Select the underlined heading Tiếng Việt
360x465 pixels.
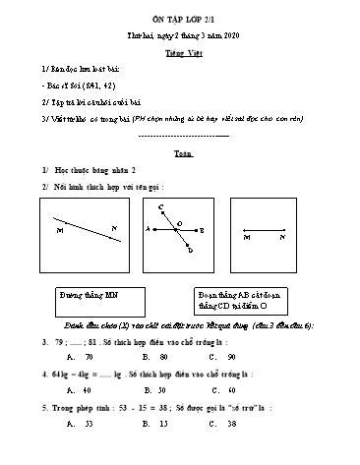(x=179, y=49)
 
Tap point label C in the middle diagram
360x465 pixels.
(x=160, y=206)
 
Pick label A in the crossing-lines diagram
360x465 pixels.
(x=147, y=231)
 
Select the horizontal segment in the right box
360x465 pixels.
(x=266, y=236)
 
